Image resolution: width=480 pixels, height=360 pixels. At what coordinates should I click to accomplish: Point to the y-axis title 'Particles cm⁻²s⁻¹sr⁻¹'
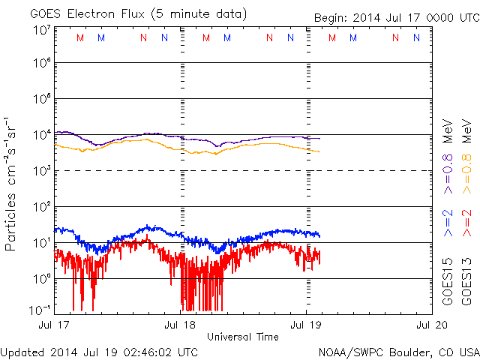pyautogui.click(x=12, y=180)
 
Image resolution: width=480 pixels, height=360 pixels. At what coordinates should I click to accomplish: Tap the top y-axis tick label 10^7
pyautogui.click(x=41, y=29)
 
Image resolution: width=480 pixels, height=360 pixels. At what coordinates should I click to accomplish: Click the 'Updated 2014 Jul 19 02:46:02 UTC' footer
pyautogui.click(x=100, y=351)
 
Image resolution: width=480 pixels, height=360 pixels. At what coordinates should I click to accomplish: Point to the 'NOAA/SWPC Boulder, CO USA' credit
pyautogui.click(x=397, y=351)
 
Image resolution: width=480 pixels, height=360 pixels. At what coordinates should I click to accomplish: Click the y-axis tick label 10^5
pyautogui.click(x=41, y=100)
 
